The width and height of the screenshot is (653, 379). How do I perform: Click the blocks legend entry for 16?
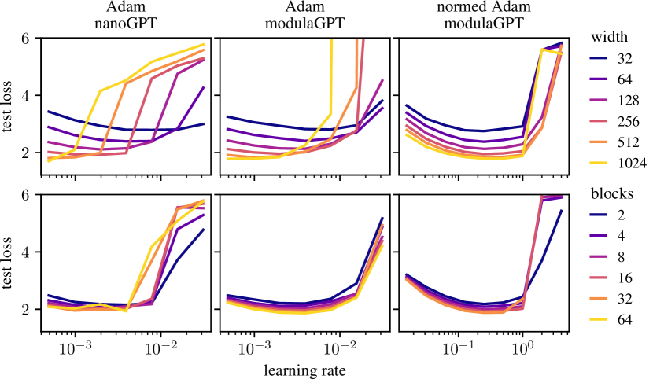(614, 278)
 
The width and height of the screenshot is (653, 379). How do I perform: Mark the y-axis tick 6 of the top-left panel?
(26, 38)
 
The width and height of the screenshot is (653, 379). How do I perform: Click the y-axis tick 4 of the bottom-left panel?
(26, 252)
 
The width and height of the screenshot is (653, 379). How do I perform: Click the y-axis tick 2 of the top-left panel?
(26, 153)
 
